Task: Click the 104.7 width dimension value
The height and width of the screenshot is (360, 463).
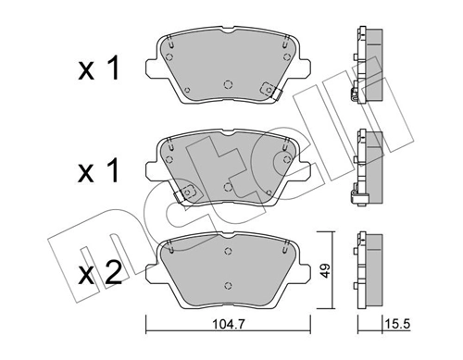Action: (x=229, y=324)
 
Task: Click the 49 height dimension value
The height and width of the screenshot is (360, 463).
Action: (x=325, y=270)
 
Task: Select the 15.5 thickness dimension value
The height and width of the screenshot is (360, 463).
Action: (x=396, y=324)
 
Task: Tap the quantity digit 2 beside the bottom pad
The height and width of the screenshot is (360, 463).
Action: (x=113, y=274)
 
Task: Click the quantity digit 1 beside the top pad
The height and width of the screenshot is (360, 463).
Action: (x=113, y=69)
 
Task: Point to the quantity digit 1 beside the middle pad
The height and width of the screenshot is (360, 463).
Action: (x=113, y=170)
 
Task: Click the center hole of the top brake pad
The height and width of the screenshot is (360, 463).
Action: (x=228, y=84)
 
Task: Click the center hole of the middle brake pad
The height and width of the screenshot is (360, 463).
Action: (x=228, y=187)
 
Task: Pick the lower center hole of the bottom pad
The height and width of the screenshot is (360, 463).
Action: (x=228, y=285)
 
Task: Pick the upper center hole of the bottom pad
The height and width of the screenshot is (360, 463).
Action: (x=228, y=251)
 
